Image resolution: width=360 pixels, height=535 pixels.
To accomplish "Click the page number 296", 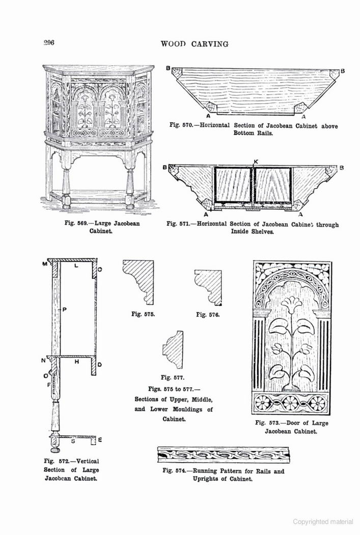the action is pyautogui.click(x=49, y=43).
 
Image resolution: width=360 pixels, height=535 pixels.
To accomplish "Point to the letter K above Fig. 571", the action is pyautogui.click(x=256, y=162).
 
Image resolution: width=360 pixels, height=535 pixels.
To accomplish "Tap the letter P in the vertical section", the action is pyautogui.click(x=65, y=309).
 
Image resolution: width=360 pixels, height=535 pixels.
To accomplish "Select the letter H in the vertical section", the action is pyautogui.click(x=77, y=362).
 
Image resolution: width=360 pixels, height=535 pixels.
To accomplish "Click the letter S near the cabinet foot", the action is pyautogui.click(x=73, y=441).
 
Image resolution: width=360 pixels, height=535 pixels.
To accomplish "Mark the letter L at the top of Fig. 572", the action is pyautogui.click(x=76, y=265).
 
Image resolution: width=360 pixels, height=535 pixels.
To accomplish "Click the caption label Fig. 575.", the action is pyautogui.click(x=143, y=314).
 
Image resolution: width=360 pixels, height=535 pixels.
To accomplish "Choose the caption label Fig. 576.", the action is pyautogui.click(x=208, y=314).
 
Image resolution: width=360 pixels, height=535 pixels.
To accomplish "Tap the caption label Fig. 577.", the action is pyautogui.click(x=173, y=378).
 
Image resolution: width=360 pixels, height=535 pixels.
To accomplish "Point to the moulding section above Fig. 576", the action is pyautogui.click(x=208, y=288).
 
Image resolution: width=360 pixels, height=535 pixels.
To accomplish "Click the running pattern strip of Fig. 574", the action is pyautogui.click(x=224, y=454).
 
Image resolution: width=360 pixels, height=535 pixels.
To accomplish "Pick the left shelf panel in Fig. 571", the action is pyautogui.click(x=233, y=185).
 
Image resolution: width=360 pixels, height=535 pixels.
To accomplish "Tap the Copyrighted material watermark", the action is pyautogui.click(x=323, y=521).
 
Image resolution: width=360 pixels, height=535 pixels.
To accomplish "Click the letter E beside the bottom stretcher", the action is pyautogui.click(x=100, y=440).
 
